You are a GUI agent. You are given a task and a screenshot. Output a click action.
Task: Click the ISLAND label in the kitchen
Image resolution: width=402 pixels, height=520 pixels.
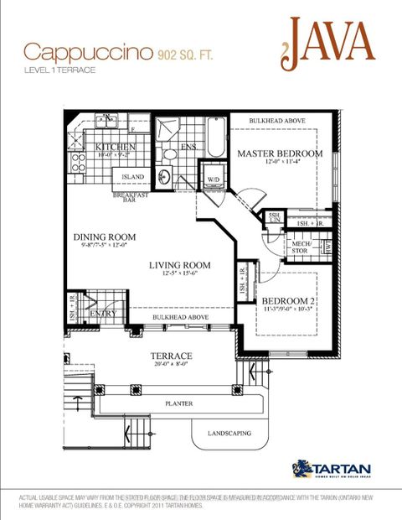(132, 177)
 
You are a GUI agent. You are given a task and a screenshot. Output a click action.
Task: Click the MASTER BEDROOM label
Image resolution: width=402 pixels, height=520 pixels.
(279, 154)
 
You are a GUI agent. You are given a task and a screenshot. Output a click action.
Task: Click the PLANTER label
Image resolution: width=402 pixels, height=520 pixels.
(178, 404)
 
